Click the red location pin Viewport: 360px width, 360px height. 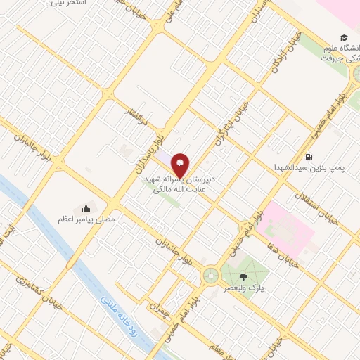pyautogui.click(x=181, y=165)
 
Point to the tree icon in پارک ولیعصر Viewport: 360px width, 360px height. pyautogui.click(x=243, y=276)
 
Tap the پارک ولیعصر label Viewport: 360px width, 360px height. pyautogui.click(x=243, y=288)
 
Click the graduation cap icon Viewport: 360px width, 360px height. pyautogui.click(x=344, y=37)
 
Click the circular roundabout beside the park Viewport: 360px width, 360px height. pyautogui.click(x=210, y=276)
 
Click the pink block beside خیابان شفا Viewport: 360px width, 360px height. pyautogui.click(x=284, y=228)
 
